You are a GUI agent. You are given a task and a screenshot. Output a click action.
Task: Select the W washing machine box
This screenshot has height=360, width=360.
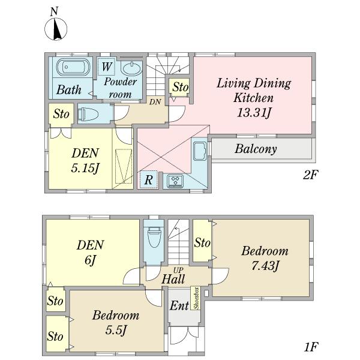coord(106,66)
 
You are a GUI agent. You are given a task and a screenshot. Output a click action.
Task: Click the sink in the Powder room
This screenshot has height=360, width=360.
coord(131,68)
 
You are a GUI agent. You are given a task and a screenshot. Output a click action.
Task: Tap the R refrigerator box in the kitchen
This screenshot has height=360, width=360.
coord(147,179)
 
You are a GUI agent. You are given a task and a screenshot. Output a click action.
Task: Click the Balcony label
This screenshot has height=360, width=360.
coord(256,149)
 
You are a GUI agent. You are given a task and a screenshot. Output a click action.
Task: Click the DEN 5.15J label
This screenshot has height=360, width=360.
coord(85,160)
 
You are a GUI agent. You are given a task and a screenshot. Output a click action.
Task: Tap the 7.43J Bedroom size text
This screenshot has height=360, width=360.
coord(265,265)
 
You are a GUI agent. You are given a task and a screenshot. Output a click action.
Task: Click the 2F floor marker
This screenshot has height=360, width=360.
coord(310,175)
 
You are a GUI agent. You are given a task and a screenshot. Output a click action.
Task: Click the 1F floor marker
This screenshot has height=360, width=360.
coord(310,347)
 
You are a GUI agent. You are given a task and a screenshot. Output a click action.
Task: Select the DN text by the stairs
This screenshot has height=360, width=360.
coord(154,101)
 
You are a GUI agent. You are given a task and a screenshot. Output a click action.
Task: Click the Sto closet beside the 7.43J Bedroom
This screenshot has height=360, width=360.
coord(202,242)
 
